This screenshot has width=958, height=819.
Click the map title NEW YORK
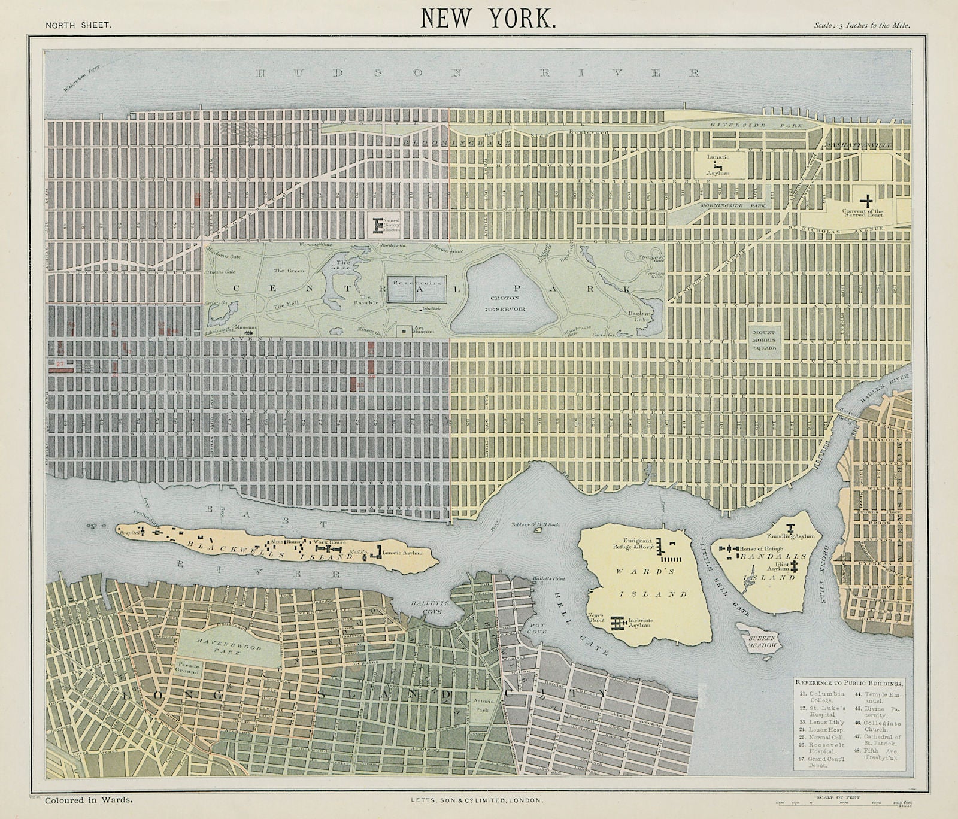pyautogui.click(x=489, y=18)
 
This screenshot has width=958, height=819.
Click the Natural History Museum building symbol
pyautogui.click(x=377, y=226)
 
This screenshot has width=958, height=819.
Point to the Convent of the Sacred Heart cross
pyautogui.click(x=866, y=201)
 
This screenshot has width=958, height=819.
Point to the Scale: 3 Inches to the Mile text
pyautogui.click(x=862, y=25)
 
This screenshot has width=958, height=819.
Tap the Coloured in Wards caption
pyautogui.click(x=88, y=800)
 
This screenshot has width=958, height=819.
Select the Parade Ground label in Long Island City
pyautogui.click(x=187, y=668)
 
